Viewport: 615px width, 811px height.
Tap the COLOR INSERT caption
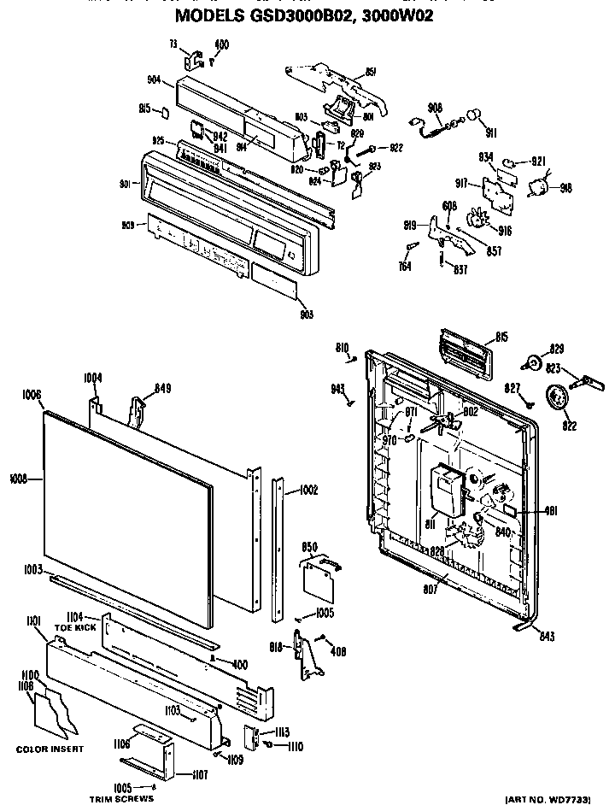click(50, 749)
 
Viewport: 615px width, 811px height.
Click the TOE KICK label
click(75, 626)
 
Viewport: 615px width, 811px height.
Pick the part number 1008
click(16, 479)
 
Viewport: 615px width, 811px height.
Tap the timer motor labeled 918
click(540, 187)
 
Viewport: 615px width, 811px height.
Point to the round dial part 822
click(559, 399)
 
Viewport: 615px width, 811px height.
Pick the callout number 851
click(371, 73)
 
